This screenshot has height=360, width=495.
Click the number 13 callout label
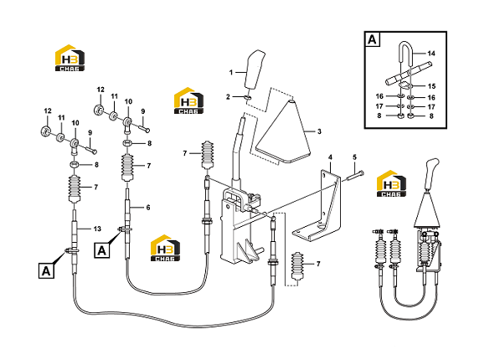pyautogui.click(x=97, y=229)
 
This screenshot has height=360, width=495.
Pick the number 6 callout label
pyautogui.click(x=148, y=208)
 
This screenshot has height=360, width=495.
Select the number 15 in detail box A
pyautogui.click(x=431, y=86)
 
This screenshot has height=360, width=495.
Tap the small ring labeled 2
pyautogui.click(x=248, y=97)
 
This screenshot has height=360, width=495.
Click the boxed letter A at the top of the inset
pyautogui.click(x=373, y=39)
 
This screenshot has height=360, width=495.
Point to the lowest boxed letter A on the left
pyautogui.click(x=46, y=271)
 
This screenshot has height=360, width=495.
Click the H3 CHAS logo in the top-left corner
pyautogui.click(x=70, y=58)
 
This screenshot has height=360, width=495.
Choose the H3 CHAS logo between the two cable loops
pyautogui.click(x=165, y=248)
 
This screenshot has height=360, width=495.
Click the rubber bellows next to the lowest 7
pyautogui.click(x=297, y=266)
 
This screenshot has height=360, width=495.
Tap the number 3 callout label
pyautogui.click(x=319, y=131)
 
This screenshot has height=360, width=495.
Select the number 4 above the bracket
pyautogui.click(x=330, y=157)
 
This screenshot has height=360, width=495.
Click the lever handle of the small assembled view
pyautogui.click(x=431, y=173)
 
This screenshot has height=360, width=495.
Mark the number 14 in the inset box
pyautogui.click(x=431, y=54)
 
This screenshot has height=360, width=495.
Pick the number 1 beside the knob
pyautogui.click(x=231, y=73)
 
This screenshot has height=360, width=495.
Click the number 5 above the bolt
pyautogui.click(x=354, y=157)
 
